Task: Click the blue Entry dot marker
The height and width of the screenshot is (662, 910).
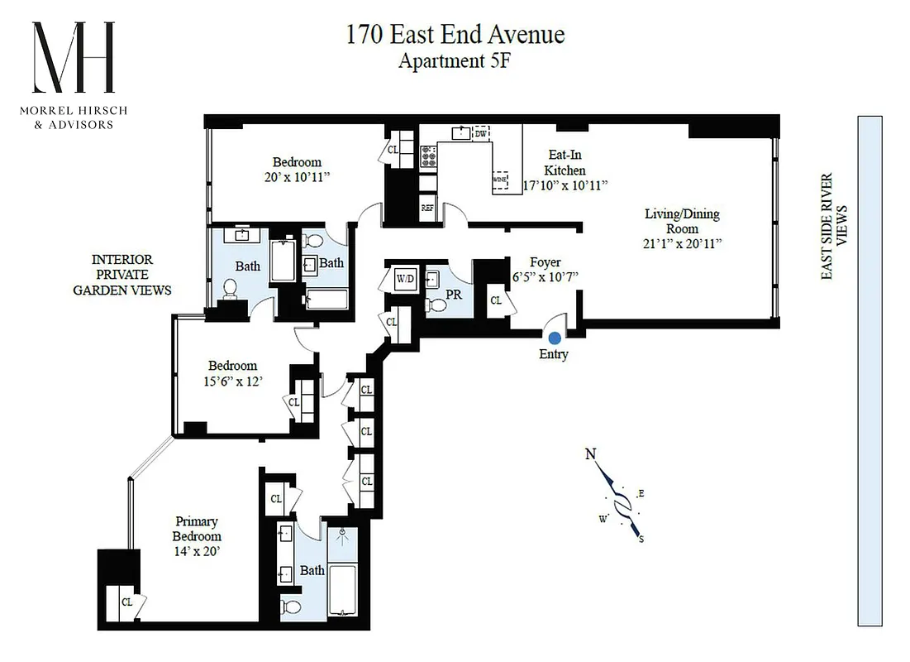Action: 554,337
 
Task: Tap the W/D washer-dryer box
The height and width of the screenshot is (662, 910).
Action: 406,278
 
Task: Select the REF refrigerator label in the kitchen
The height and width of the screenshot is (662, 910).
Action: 427,209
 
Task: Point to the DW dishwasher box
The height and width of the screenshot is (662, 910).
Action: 480,132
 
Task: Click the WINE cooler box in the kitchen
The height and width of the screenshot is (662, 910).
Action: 499,179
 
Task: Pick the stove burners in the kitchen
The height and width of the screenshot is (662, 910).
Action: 429,154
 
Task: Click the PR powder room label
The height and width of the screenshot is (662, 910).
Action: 453,293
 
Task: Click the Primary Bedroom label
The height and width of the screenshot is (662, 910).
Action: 197,528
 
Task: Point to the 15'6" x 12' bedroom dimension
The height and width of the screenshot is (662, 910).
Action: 232,381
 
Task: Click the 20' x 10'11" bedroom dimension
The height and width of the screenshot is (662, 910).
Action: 297,176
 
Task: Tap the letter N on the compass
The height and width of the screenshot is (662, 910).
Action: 590,453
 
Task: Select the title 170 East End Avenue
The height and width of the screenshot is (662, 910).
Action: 455,35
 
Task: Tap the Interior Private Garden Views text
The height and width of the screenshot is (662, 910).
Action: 121,275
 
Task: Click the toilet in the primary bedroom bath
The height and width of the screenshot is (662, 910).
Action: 292,607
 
